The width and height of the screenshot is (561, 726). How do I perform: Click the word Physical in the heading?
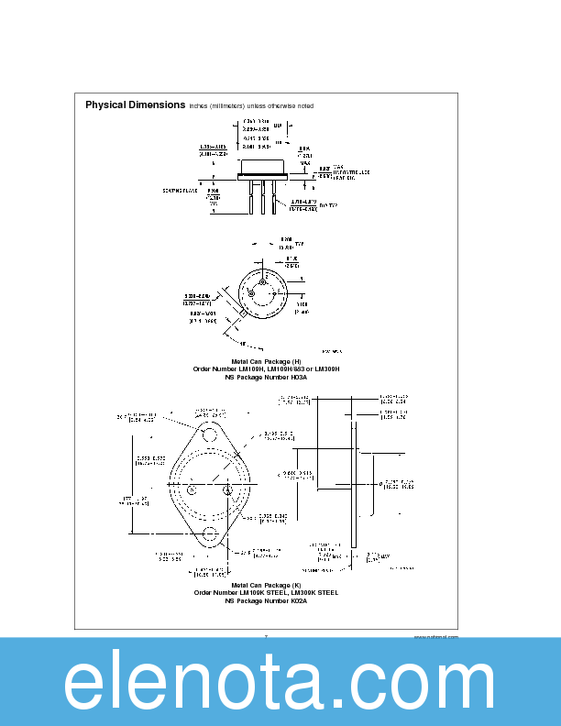[105, 105]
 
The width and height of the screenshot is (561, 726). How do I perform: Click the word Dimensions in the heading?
[157, 105]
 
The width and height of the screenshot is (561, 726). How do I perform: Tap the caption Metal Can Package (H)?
[266, 361]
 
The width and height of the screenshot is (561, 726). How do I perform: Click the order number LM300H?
[324, 368]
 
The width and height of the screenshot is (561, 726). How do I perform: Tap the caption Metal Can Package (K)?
[266, 585]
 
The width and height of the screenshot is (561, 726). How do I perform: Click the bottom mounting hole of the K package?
[211, 533]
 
